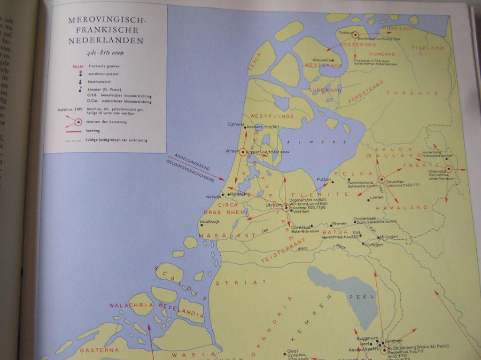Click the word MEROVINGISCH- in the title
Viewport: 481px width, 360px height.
pyautogui.click(x=107, y=21)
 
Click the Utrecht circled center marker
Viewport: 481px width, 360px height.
pyautogui.click(x=285, y=207)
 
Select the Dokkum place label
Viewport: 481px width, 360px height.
pyautogui.click(x=345, y=32)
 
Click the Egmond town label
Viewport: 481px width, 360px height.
pyautogui.click(x=235, y=124)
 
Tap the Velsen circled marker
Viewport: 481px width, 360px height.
pyautogui.click(x=242, y=152)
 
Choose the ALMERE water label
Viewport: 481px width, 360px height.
pyautogui.click(x=310, y=142)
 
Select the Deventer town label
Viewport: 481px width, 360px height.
pyautogui.click(x=396, y=182)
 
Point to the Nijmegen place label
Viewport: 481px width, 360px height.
pyautogui.click(x=373, y=244)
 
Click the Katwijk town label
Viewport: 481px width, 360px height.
pyautogui.click(x=214, y=196)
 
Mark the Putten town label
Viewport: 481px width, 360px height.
pyautogui.click(x=324, y=179)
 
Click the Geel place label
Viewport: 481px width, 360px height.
pyautogui.click(x=292, y=351)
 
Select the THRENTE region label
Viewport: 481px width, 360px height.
pyautogui.click(x=412, y=94)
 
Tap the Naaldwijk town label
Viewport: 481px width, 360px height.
pyautogui.click(x=209, y=221)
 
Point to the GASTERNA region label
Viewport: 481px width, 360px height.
pyautogui.click(x=99, y=350)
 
